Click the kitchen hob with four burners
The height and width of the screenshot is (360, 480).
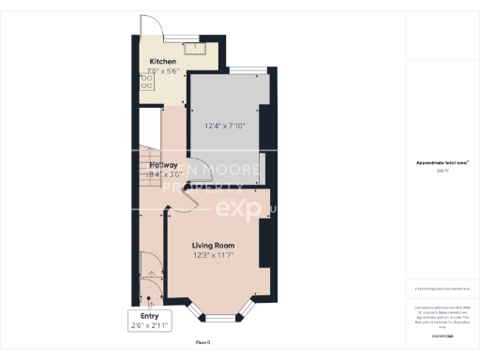(146, 82)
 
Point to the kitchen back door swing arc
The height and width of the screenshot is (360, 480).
(147, 25)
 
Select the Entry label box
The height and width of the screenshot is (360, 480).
(150, 321)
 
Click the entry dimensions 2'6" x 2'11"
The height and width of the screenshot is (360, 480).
(150, 326)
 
